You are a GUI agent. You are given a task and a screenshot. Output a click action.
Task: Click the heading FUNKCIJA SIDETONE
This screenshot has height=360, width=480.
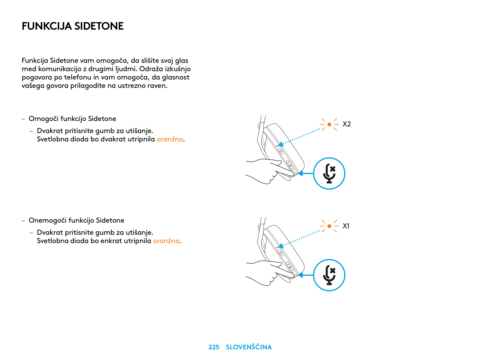[73, 26]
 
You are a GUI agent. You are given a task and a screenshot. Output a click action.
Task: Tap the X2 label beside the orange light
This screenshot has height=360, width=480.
[346, 124]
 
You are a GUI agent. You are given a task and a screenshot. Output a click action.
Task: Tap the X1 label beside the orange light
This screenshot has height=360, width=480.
[346, 226]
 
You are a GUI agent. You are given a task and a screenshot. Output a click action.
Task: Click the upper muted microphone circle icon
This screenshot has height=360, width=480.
[329, 173]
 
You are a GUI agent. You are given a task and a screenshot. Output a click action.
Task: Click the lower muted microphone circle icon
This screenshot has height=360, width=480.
[329, 275]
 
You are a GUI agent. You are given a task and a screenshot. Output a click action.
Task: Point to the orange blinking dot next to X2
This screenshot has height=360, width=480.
[329, 124]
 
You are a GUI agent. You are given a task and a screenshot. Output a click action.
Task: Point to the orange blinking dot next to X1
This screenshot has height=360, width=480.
[329, 226]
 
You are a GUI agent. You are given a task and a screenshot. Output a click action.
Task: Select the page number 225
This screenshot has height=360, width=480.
[214, 347]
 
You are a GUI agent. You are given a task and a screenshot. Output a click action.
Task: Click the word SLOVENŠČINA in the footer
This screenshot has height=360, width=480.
[249, 347]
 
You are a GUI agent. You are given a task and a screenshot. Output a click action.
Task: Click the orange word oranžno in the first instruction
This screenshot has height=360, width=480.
[170, 139]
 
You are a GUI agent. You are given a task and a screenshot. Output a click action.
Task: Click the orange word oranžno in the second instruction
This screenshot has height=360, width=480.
[166, 241]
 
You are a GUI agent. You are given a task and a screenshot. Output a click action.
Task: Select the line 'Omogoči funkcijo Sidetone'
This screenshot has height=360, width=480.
[72, 119]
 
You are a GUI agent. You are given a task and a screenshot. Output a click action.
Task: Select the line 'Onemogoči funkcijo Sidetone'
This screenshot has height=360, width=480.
[76, 220]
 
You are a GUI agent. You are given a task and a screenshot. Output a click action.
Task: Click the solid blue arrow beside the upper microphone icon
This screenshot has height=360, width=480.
[306, 173]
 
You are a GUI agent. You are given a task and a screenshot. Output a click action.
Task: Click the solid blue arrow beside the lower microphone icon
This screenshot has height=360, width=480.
[306, 275]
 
